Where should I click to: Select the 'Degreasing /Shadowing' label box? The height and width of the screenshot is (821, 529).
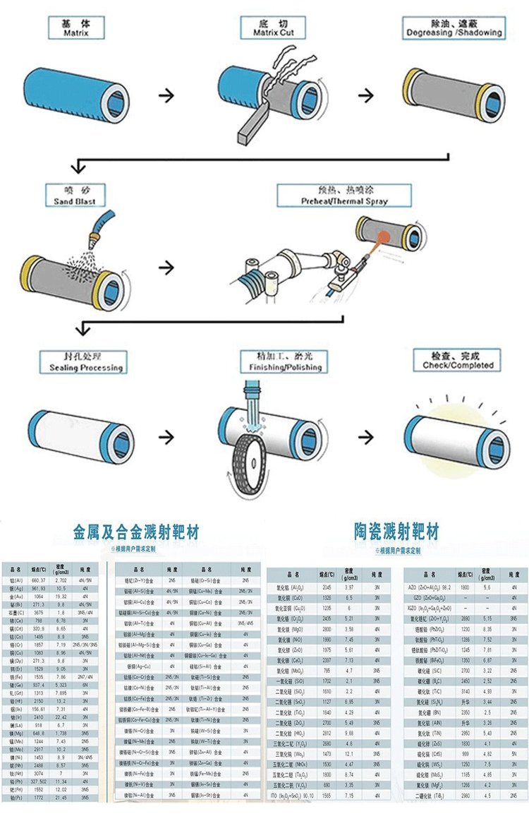point(454,28)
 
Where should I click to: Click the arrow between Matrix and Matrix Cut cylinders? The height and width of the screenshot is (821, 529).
point(166,95)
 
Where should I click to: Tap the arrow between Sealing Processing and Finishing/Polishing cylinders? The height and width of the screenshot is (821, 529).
point(166,437)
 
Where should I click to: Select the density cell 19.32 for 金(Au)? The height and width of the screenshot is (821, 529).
point(61,596)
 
